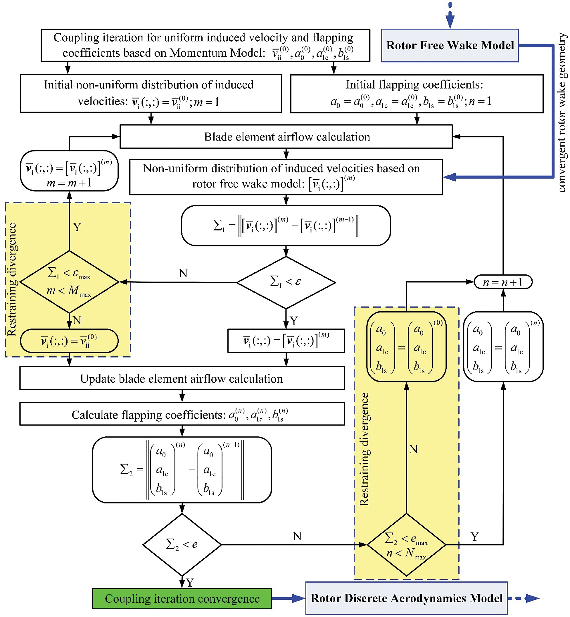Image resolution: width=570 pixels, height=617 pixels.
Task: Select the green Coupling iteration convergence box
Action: (182, 598)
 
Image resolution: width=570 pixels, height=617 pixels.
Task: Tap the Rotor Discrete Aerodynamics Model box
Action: (406, 598)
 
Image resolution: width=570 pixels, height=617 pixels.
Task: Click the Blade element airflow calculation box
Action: (286, 136)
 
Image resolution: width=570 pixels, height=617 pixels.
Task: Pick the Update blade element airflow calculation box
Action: (182, 378)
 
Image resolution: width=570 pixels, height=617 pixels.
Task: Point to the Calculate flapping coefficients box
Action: (182, 414)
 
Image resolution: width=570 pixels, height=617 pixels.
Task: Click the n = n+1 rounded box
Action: (503, 282)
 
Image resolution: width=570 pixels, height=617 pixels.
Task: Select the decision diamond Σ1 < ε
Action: (286, 282)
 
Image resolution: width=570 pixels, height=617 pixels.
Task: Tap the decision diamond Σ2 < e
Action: (182, 545)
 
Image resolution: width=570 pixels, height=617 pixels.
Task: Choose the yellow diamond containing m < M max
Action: (69, 282)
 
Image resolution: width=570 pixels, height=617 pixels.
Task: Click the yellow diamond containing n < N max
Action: (406, 545)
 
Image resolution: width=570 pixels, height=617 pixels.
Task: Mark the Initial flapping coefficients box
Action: (417, 94)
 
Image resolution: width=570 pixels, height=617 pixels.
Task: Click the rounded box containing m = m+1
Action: (69, 171)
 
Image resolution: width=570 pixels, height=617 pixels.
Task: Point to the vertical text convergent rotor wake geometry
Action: (562, 113)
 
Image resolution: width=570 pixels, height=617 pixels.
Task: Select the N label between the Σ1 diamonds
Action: (183, 273)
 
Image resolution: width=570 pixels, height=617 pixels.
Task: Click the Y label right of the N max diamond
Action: (475, 537)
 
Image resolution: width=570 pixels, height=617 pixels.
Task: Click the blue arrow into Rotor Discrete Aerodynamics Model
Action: (289, 598)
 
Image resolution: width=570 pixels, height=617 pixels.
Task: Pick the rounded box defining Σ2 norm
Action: (182, 470)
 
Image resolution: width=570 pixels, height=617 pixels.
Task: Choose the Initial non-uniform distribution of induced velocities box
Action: (151, 94)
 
